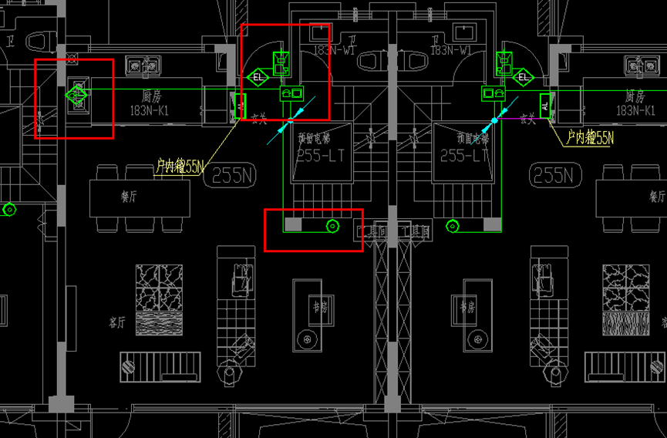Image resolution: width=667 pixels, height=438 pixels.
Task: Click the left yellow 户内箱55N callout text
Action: click(x=179, y=166)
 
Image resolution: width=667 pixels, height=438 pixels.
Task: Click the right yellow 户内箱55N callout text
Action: click(x=590, y=138)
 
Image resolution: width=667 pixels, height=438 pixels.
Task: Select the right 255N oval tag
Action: click(x=556, y=175)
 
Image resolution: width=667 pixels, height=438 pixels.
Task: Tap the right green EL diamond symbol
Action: click(x=524, y=76)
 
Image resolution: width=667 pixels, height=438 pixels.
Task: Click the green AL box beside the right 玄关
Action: click(x=545, y=104)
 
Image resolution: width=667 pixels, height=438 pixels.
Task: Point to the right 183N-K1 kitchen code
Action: click(x=635, y=111)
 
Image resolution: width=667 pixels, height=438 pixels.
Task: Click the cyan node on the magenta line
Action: click(x=494, y=120)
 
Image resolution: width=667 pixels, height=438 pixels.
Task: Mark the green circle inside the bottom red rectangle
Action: click(x=332, y=226)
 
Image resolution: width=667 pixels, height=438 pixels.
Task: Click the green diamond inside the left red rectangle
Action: click(x=76, y=96)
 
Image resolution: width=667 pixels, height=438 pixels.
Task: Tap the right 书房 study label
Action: click(x=467, y=307)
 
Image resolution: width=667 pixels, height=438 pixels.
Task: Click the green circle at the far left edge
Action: click(x=9, y=209)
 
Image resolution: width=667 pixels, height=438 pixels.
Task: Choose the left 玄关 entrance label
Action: click(x=259, y=119)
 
